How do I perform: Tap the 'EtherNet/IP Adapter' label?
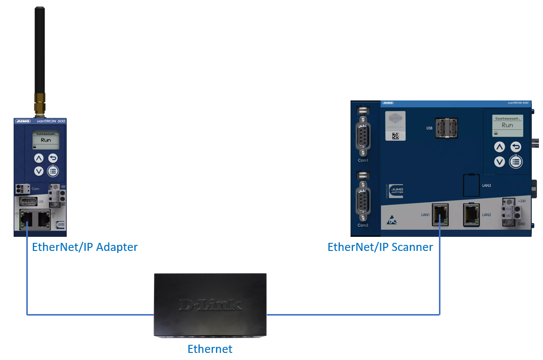[x=84, y=247]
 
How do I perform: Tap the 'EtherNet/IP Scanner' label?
[x=380, y=247]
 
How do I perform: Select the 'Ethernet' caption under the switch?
[x=210, y=349]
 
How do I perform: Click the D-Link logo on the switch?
[x=210, y=304]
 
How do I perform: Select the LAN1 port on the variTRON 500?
[x=440, y=215]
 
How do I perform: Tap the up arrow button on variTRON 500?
[x=499, y=147]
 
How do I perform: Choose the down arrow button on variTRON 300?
[x=39, y=171]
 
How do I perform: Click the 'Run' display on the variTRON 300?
[x=46, y=140]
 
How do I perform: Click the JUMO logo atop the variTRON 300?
[x=24, y=121]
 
